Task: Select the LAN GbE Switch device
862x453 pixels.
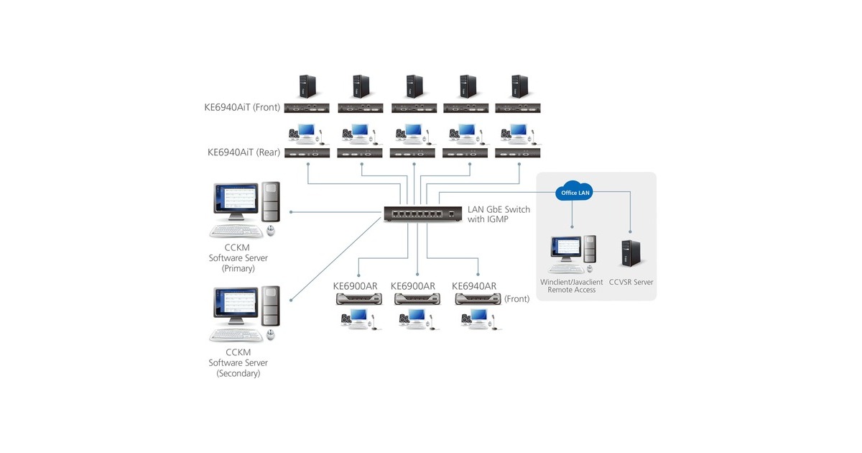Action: pos(414,214)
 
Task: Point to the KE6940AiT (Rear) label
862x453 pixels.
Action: pos(243,152)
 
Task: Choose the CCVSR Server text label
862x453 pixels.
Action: pos(631,283)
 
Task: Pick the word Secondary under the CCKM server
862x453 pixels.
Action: pos(238,373)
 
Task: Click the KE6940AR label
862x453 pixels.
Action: pos(474,286)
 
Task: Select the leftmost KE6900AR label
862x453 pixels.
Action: pos(355,286)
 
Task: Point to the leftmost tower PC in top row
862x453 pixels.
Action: pos(307,88)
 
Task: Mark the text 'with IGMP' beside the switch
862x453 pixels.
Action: pos(488,219)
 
